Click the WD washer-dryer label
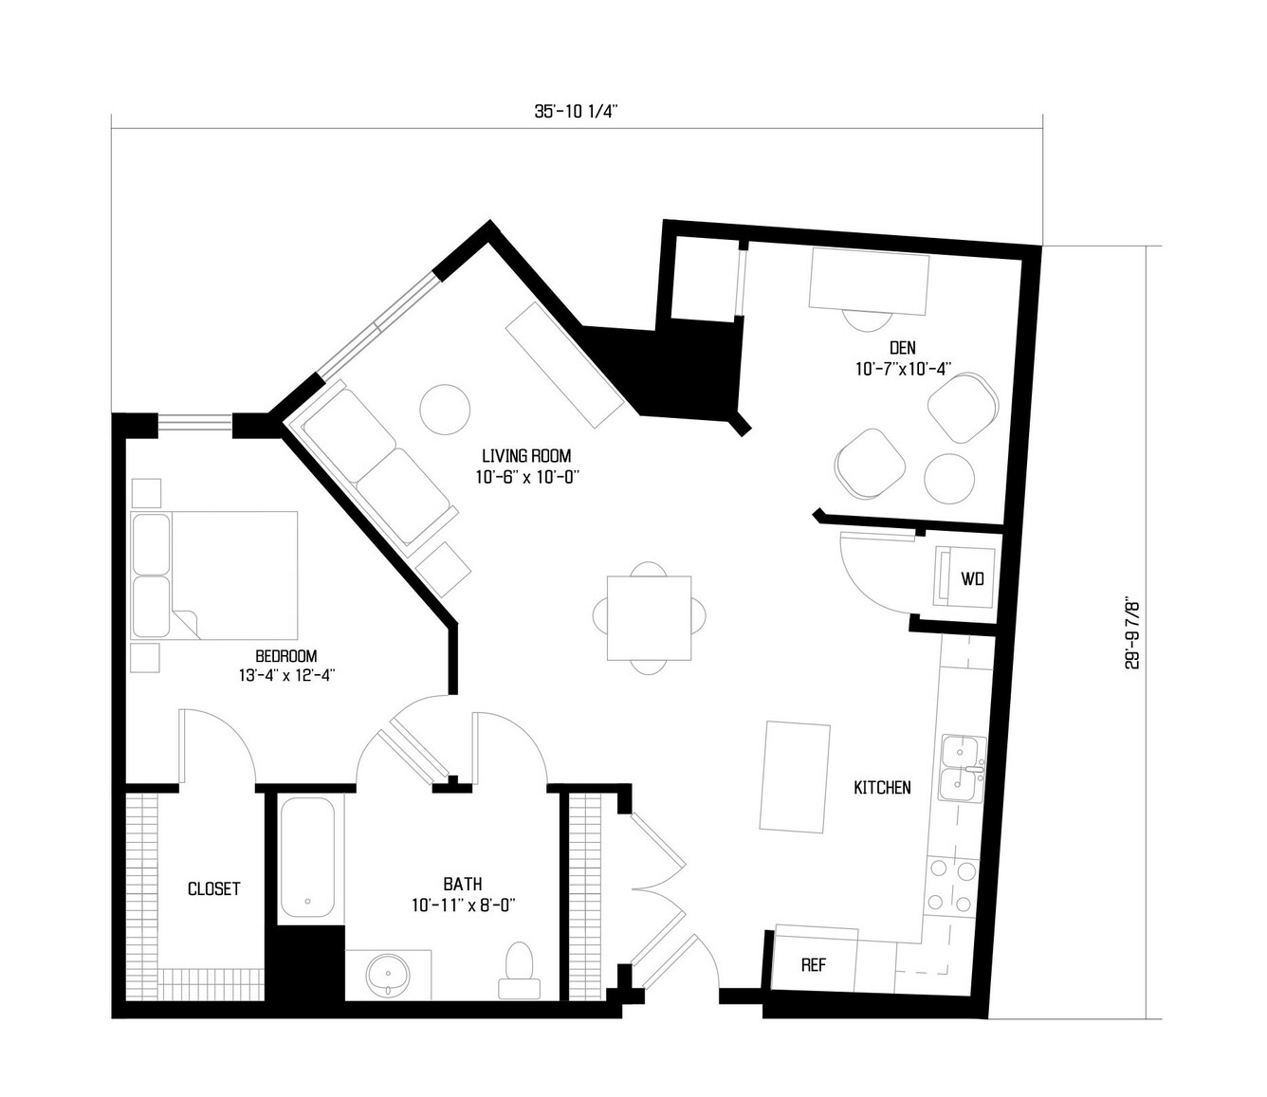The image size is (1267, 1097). [972, 578]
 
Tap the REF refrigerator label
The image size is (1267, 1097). [814, 965]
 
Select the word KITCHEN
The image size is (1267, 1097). [882, 788]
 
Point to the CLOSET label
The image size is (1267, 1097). [214, 888]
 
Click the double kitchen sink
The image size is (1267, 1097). [962, 769]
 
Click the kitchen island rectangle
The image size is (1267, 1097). [795, 777]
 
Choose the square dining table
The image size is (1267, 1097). [649, 618]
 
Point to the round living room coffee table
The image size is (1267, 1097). [445, 410]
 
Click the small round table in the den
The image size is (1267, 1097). [949, 479]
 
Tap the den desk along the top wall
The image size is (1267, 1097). [869, 282]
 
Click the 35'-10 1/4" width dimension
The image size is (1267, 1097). [576, 112]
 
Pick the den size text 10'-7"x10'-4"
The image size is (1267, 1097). [903, 369]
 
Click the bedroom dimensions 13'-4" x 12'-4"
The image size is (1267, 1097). [286, 676]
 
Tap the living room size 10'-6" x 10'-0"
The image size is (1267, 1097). [527, 477]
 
